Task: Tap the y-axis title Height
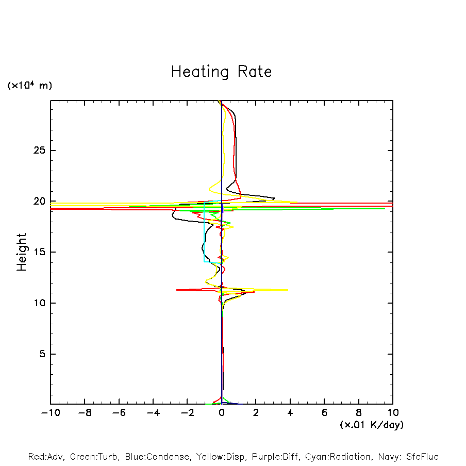pos(22,252)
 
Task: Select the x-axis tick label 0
pos(222,413)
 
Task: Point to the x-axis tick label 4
pos(290,413)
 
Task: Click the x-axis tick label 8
pos(359,413)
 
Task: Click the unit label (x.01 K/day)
pos(371,425)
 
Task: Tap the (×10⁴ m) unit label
pos(29,86)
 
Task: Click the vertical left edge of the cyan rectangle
pos(204,232)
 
